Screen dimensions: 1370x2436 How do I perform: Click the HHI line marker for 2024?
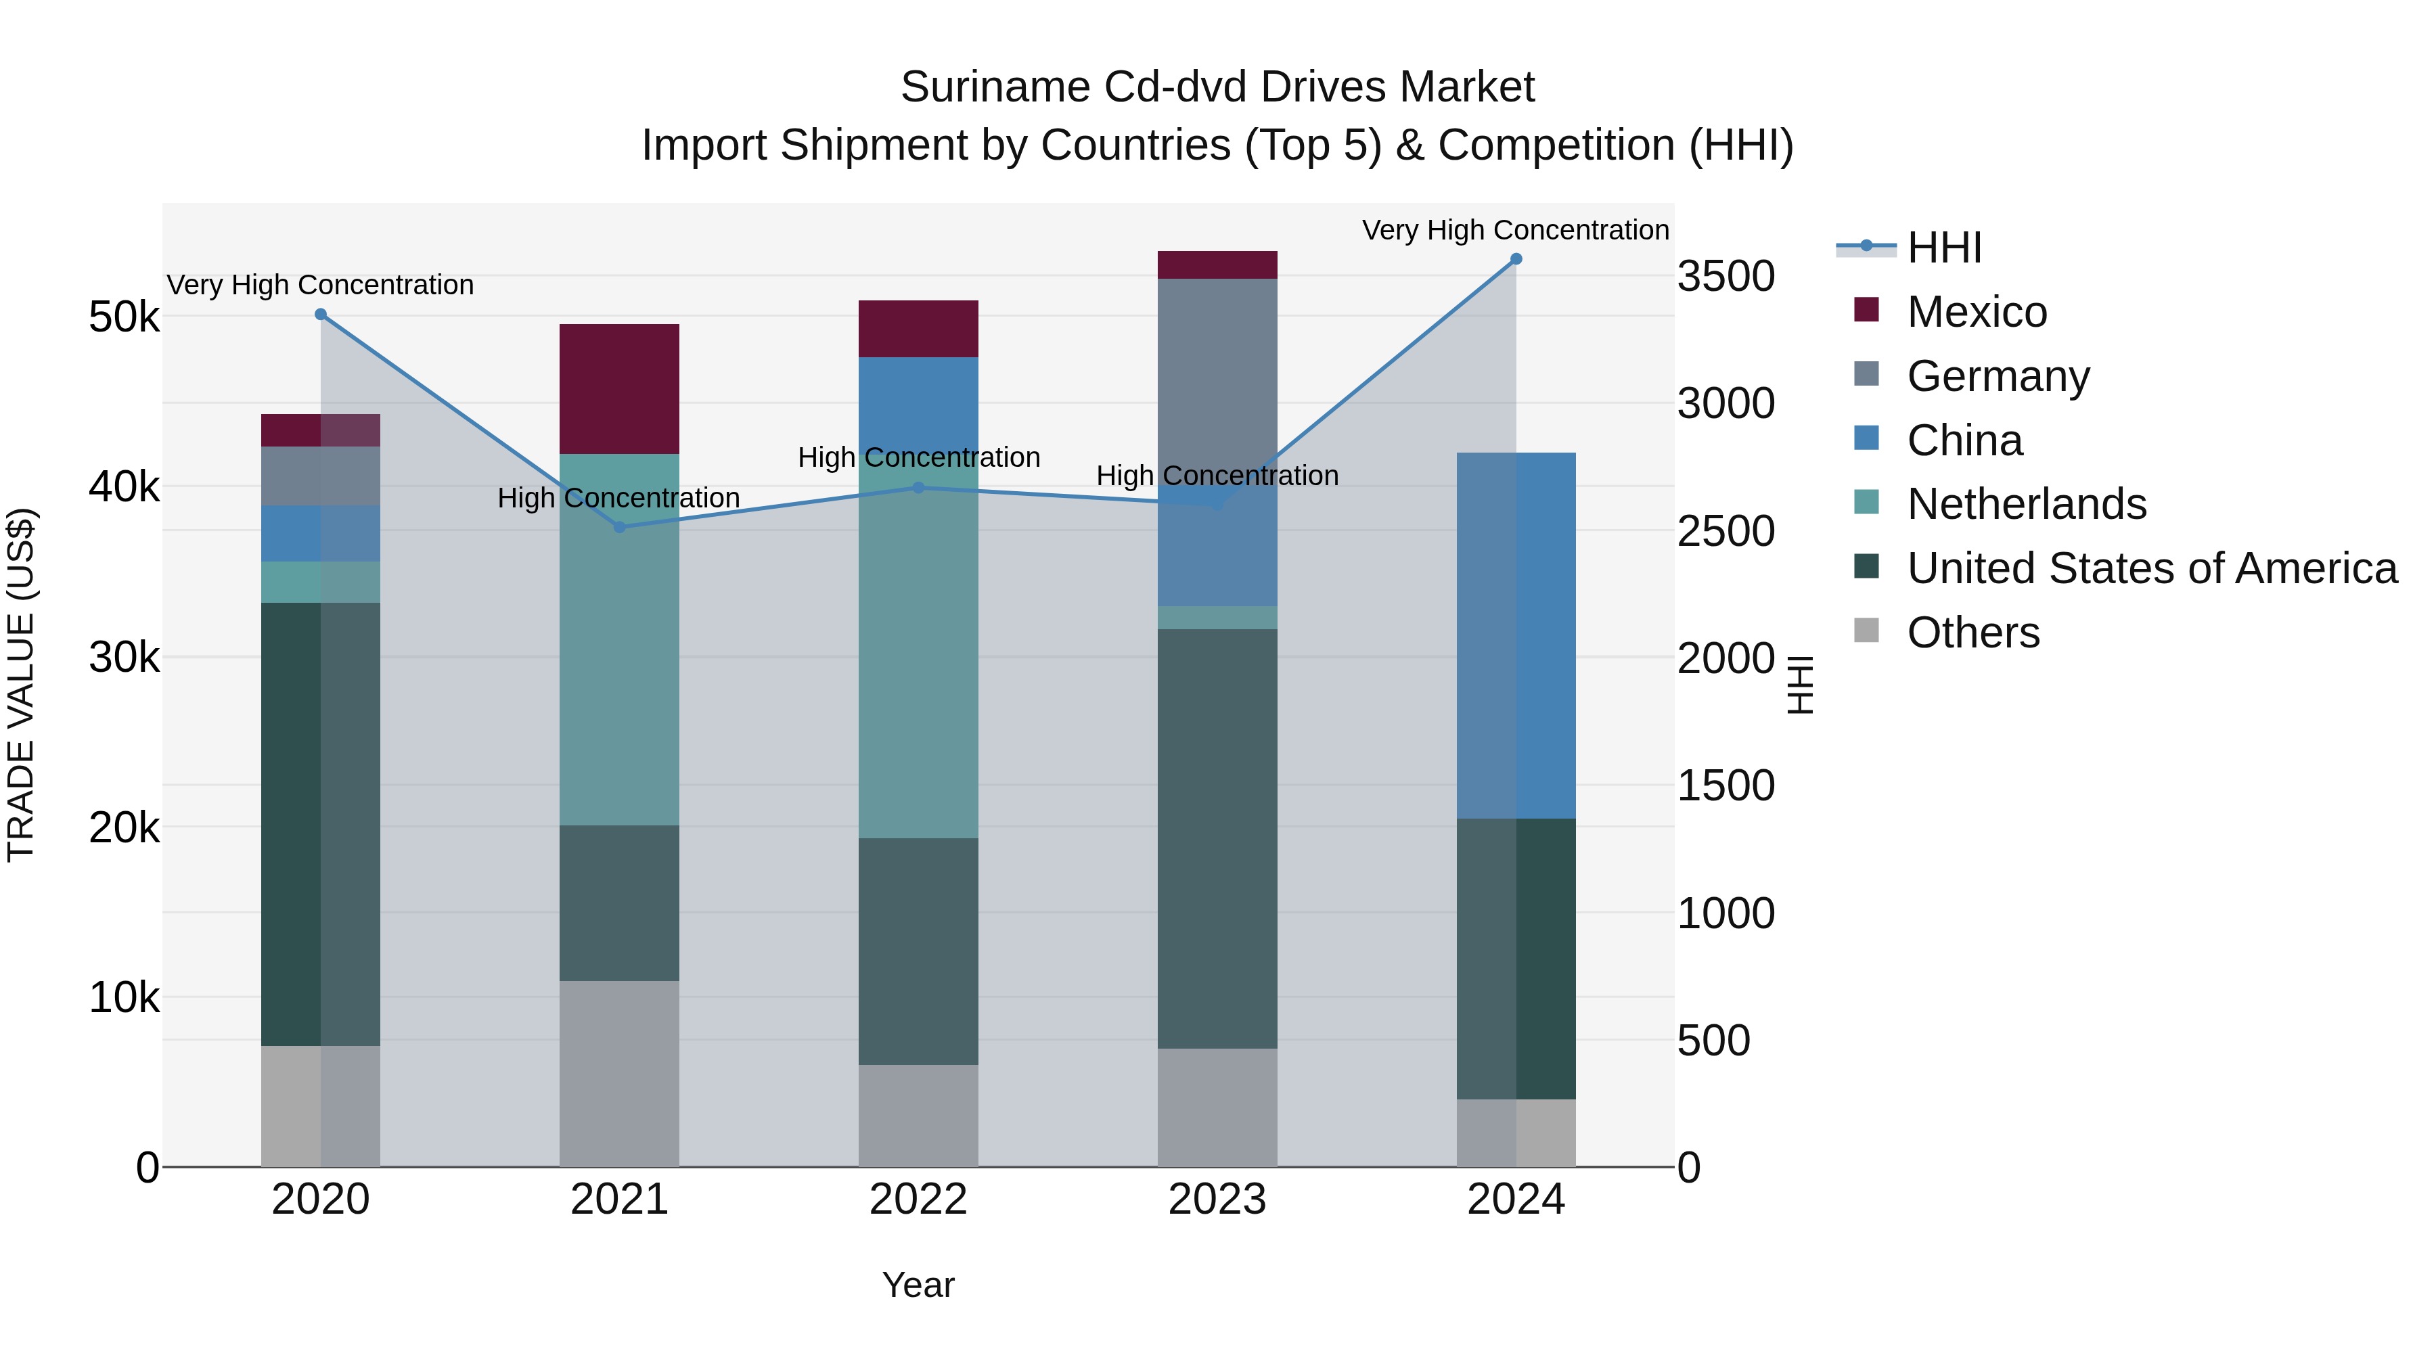pos(1516,259)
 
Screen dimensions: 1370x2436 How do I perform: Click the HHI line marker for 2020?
pos(321,315)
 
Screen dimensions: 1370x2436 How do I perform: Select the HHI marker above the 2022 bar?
pos(918,488)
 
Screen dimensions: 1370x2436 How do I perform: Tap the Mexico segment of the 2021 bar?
pos(619,388)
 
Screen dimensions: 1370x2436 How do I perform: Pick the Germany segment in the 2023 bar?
pos(1217,378)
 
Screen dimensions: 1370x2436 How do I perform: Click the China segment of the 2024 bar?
pos(1516,635)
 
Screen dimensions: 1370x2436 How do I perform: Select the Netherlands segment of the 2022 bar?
pos(918,662)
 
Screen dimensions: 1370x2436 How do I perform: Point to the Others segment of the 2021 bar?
pos(619,1073)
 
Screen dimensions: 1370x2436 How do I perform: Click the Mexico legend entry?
pos(1977,312)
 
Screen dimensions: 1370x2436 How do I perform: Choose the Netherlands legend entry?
pos(2025,504)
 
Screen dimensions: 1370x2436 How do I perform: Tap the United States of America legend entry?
pos(2151,568)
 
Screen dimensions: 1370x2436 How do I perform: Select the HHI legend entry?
pos(1943,248)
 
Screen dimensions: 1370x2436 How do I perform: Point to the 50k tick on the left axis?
pos(125,318)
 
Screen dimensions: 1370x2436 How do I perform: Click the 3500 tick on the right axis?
pos(1725,276)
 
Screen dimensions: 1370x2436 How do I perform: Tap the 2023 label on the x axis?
pos(1217,1200)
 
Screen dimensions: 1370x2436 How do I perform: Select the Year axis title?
pos(918,1285)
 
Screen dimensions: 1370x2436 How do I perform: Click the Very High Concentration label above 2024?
pos(1515,230)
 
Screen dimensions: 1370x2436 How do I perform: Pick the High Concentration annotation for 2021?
pos(618,497)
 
